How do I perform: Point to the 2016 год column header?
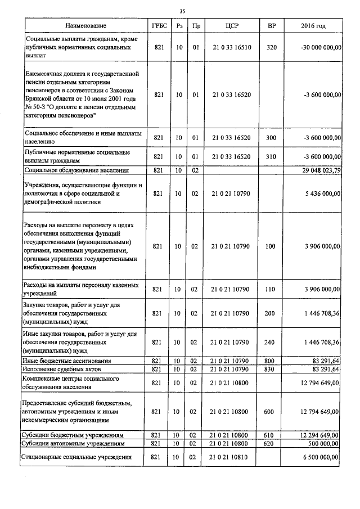tap(313, 26)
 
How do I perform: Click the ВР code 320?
tap(272, 48)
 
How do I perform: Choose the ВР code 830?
tap(272, 369)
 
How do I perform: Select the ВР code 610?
tap(272, 435)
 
